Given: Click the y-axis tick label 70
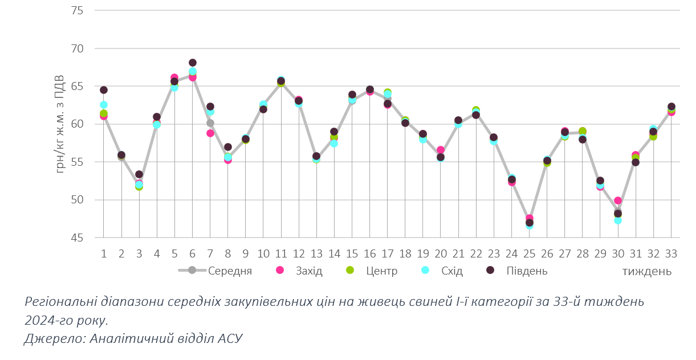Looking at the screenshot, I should [x=76, y=49].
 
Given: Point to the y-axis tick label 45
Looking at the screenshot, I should [x=76, y=238].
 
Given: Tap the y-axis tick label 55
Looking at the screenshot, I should [x=76, y=162].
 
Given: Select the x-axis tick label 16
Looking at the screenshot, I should [x=369, y=253].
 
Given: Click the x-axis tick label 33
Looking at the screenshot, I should [x=671, y=253].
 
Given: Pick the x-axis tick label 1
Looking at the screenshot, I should [x=103, y=253].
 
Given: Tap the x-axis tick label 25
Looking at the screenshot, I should [x=530, y=253].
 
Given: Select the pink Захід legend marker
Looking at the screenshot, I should [x=280, y=271].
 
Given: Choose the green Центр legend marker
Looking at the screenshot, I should [x=350, y=271].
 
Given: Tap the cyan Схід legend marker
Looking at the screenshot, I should [x=425, y=271].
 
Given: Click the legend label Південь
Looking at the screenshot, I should [x=527, y=271].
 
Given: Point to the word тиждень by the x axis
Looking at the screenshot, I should [x=646, y=271].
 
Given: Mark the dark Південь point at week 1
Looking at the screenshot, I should [x=104, y=90].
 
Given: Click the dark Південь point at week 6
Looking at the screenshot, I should [x=193, y=63].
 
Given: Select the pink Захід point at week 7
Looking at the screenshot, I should [x=210, y=133].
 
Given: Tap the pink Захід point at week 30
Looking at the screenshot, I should [x=618, y=201].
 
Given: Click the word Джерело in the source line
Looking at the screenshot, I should [x=50, y=338].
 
